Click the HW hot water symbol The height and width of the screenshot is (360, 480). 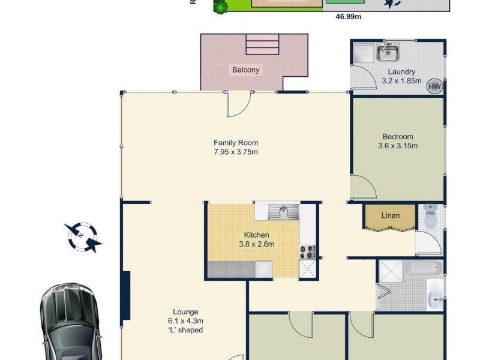pyautogui.click(x=434, y=86)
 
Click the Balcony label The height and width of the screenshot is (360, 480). pyautogui.click(x=246, y=70)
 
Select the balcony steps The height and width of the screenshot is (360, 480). pyautogui.click(x=262, y=44)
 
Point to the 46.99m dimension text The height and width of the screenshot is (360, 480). pyautogui.click(x=349, y=17)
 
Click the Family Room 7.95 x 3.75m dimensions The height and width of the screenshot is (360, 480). pyautogui.click(x=236, y=152)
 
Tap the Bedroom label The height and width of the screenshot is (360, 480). pyautogui.click(x=398, y=136)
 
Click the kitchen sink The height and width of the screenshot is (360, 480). pyautogui.click(x=284, y=211)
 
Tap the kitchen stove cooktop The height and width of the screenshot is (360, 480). pyautogui.click(x=308, y=252)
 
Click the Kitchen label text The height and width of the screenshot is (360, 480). pyautogui.click(x=256, y=235)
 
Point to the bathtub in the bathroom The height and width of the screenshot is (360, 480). pyautogui.click(x=423, y=268)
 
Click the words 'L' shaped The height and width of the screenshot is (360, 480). pyautogui.click(x=185, y=330)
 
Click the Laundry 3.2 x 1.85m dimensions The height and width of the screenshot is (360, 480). pyautogui.click(x=401, y=80)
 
